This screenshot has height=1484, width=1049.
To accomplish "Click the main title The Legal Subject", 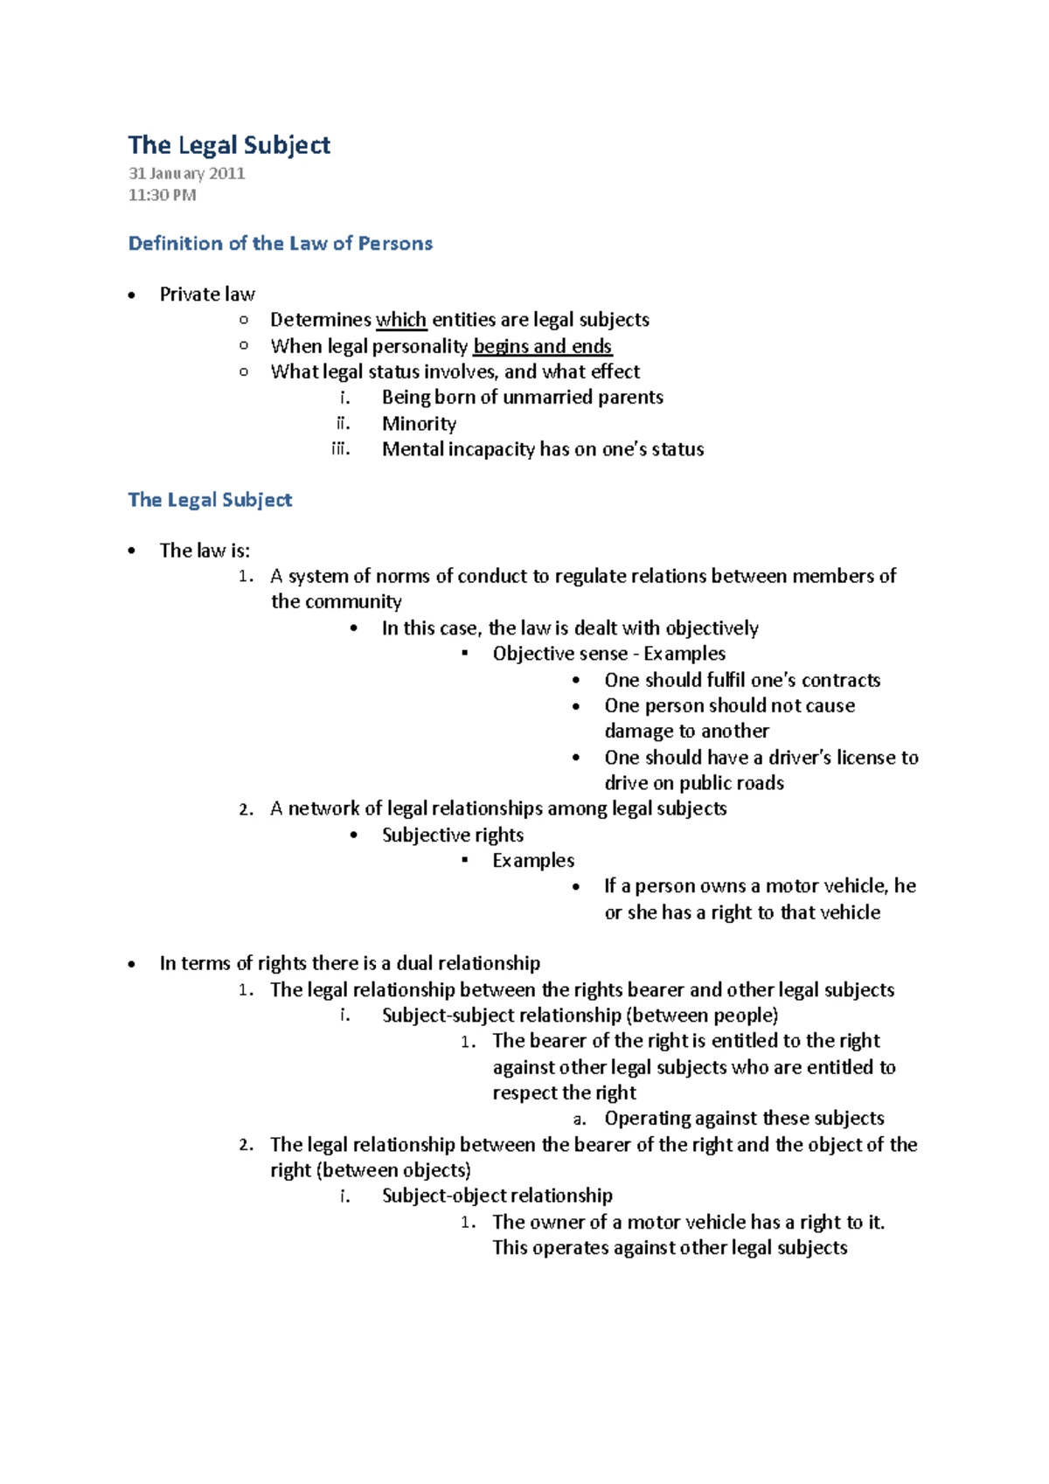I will coord(229,145).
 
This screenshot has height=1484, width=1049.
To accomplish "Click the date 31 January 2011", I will coord(186,173).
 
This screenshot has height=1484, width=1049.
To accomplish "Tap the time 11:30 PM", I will coord(162,195).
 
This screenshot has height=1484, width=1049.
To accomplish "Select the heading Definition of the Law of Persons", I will coord(280,244).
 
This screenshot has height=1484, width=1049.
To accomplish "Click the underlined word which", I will coord(401,320).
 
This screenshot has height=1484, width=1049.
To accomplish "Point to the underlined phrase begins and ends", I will coord(542,346).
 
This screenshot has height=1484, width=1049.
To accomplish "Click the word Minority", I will coord(419,424).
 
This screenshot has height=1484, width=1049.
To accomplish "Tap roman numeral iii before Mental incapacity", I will coord(340,449).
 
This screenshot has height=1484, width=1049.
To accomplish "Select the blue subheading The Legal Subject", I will coord(210,500).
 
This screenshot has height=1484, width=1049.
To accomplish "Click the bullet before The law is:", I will coord(132,551).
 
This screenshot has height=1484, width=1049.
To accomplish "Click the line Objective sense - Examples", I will coord(608,654).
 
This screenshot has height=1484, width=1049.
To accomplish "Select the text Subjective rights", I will coord(453,836).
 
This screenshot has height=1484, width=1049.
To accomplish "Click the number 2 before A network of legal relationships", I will coord(246,809).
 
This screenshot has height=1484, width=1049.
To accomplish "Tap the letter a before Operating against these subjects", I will coord(579,1120).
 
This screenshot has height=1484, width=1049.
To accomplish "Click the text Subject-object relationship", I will coord(497,1196).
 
